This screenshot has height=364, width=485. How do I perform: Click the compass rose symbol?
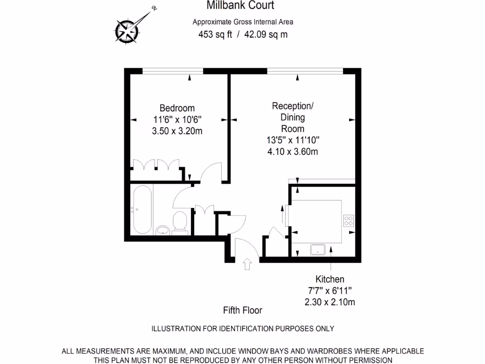(128, 31)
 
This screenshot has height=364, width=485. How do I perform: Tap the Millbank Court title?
(240, 6)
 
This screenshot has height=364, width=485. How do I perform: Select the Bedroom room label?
(177, 108)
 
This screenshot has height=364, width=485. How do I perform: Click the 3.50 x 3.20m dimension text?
(177, 131)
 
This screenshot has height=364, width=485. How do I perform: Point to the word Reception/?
(292, 105)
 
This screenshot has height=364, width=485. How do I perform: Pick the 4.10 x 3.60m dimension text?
(292, 152)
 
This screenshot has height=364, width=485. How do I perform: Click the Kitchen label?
(330, 279)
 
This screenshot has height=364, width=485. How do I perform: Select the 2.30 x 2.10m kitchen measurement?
(330, 302)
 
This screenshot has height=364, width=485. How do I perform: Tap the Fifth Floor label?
(242, 310)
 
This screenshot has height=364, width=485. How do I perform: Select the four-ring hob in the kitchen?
(349, 221)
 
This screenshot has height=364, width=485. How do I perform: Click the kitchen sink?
(317, 249)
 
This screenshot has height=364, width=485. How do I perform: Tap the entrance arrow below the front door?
(247, 264)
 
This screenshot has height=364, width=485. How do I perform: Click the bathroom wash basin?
(162, 230)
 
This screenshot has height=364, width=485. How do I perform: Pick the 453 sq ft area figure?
(215, 34)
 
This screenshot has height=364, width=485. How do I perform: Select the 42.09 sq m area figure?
(266, 34)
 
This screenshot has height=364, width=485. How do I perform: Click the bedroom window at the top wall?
(173, 71)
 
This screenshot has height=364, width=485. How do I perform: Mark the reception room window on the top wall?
(305, 71)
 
